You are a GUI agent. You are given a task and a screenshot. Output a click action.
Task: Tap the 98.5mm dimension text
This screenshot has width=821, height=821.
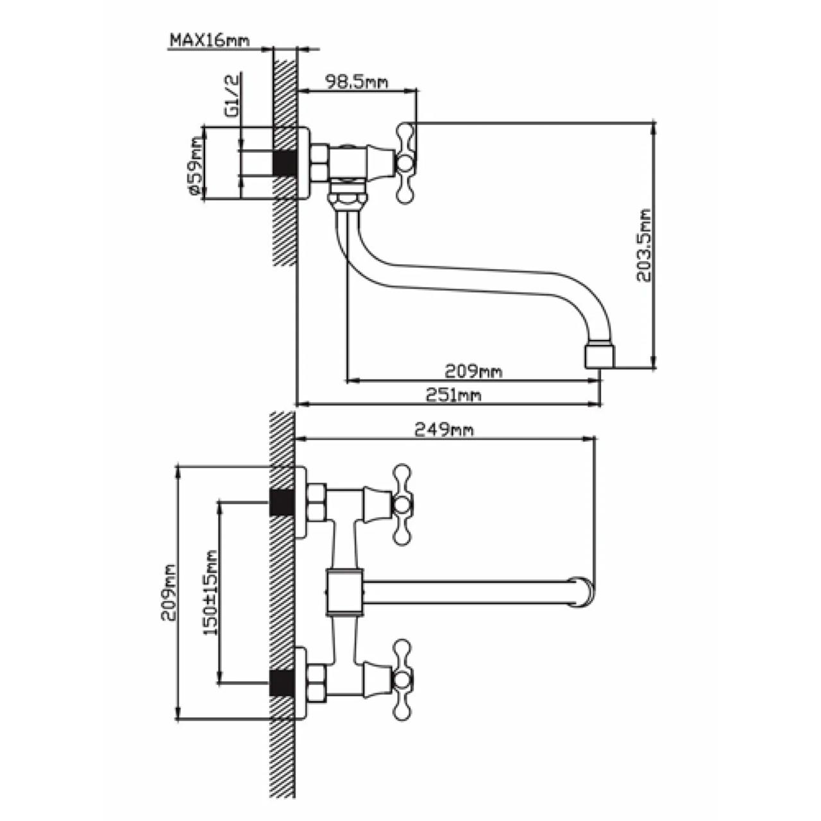click(x=357, y=81)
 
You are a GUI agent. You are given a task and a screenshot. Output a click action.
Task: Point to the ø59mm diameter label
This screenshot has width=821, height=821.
click(x=196, y=165)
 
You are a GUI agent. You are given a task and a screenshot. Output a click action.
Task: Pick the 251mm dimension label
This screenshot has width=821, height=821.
click(x=453, y=395)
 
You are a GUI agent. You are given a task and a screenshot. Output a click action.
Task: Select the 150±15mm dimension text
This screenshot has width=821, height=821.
click(x=210, y=599)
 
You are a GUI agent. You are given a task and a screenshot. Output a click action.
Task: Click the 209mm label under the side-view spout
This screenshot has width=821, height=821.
click(x=473, y=371)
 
